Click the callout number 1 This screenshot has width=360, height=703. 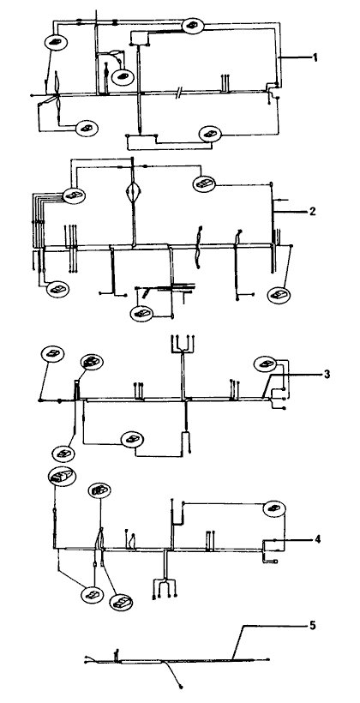pyautogui.click(x=315, y=57)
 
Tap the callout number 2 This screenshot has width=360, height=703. pyautogui.click(x=313, y=211)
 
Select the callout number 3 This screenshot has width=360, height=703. pyautogui.click(x=327, y=374)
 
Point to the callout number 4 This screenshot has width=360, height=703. pyautogui.click(x=317, y=539)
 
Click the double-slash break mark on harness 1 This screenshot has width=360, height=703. pyautogui.click(x=179, y=93)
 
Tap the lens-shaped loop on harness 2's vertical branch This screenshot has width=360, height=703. pyautogui.click(x=133, y=190)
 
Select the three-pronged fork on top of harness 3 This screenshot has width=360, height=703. pyautogui.click(x=182, y=345)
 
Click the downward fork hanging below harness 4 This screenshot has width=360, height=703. pyautogui.click(x=165, y=587)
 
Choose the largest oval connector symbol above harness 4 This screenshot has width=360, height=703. pyautogui.click(x=62, y=476)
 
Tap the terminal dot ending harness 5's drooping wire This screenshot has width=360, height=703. pyautogui.click(x=181, y=686)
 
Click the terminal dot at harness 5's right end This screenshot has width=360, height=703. pyautogui.click(x=268, y=659)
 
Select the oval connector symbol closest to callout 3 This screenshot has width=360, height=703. pyautogui.click(x=266, y=364)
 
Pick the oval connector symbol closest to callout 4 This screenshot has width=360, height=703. pyautogui.click(x=274, y=508)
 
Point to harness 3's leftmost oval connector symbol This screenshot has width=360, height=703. pyautogui.click(x=52, y=354)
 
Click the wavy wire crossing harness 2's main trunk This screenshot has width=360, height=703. pyautogui.click(x=197, y=248)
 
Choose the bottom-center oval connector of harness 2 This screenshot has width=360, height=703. pyautogui.click(x=141, y=313)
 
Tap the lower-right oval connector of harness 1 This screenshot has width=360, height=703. pyautogui.click(x=211, y=133)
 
